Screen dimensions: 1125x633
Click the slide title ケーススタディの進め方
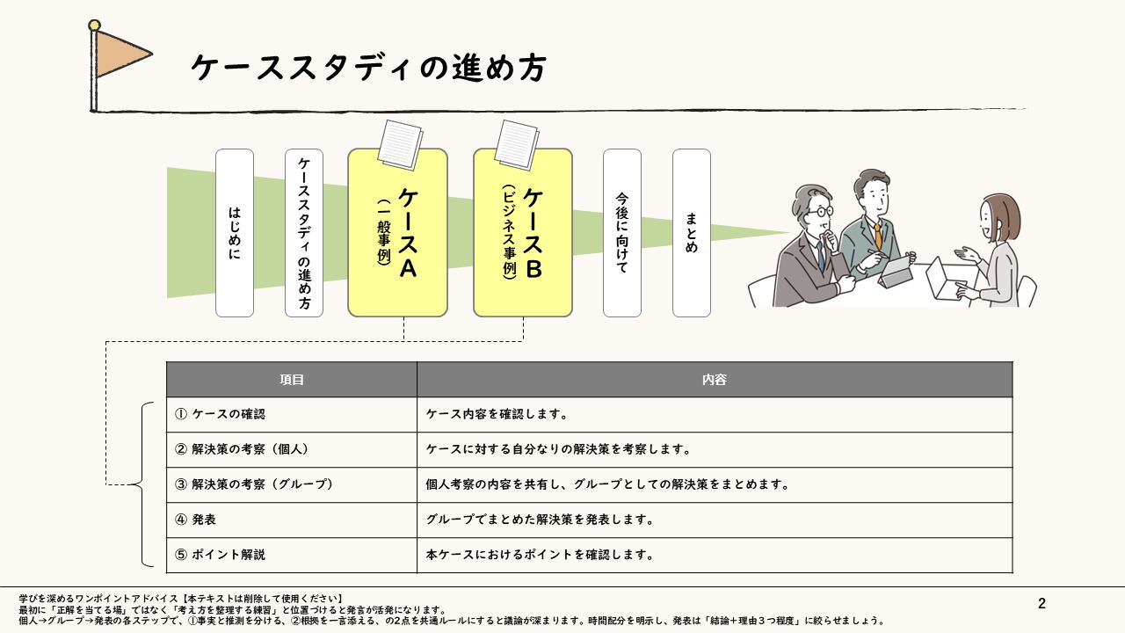tap(368, 68)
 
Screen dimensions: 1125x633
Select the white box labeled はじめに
tap(235, 233)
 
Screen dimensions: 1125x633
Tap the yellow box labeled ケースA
tap(398, 233)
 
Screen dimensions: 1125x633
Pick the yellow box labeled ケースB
tap(523, 233)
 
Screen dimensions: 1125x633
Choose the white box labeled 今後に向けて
tap(622, 233)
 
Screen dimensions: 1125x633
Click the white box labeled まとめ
tap(692, 233)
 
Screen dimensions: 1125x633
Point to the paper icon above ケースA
tap(400, 145)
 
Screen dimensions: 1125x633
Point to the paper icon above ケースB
tap(517, 145)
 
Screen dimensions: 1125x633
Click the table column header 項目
tap(292, 379)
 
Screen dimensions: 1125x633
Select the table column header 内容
tap(715, 379)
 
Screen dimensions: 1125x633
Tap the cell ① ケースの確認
tap(292, 414)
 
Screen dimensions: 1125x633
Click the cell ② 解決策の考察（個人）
tap(292, 449)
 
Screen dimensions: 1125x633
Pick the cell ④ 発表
tap(292, 520)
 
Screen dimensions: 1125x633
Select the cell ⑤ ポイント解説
tap(292, 555)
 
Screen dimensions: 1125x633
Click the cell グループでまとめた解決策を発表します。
tap(715, 520)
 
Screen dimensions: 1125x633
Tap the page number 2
tap(1042, 603)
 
